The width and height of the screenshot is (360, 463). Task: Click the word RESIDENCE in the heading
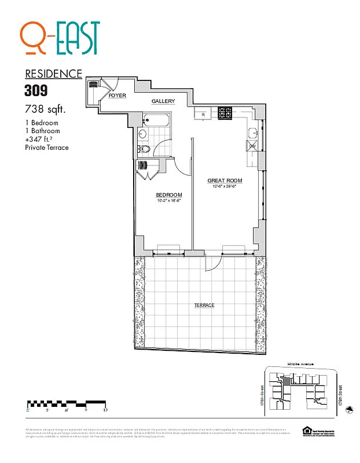pos(53,74)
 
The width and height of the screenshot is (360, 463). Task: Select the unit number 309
pos(36,90)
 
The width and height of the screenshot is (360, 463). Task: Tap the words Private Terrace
pos(47,148)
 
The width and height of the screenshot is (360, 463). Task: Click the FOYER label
pos(117,95)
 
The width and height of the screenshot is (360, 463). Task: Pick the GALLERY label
pos(163,101)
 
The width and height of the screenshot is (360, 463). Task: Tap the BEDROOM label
pos(169,194)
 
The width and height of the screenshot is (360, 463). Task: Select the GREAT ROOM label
pos(225,181)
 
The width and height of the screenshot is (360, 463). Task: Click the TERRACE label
pos(204,305)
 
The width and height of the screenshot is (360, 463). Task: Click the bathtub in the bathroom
pos(156,122)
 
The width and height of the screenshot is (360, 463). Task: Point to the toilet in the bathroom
pos(146,149)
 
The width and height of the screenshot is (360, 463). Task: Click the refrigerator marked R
pos(203,114)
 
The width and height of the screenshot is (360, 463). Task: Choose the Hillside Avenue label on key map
pos(300,363)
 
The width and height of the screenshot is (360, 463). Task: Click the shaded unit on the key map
pos(285,381)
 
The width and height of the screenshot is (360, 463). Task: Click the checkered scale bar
pos(66,403)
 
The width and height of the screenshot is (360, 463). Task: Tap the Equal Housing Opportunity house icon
pos(306,429)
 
